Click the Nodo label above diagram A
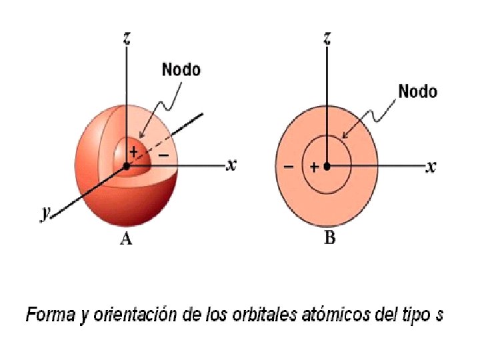181,69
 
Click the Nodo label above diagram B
417,91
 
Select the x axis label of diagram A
231,164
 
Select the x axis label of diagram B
431,167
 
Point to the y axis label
45,213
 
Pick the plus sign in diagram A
133,152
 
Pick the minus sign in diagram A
164,155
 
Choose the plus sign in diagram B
313,167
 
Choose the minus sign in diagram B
289,166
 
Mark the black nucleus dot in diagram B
327,166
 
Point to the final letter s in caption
439,315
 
